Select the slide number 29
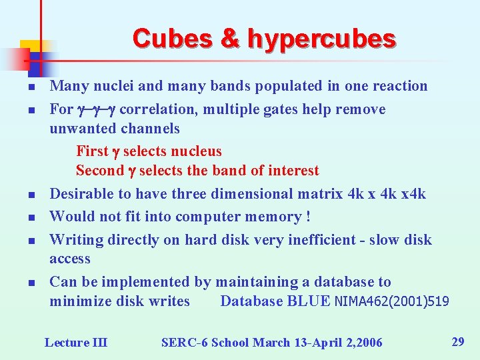(x=458, y=342)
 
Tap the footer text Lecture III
(x=75, y=343)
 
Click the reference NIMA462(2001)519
(x=391, y=301)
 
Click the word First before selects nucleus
(x=92, y=151)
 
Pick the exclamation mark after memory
(x=307, y=217)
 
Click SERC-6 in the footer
(x=182, y=343)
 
